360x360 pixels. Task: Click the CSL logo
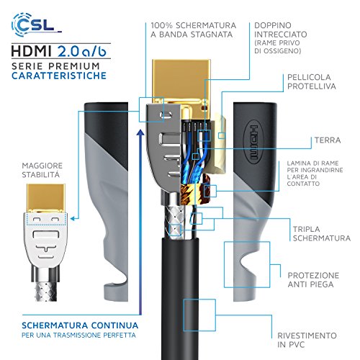click(x=36, y=24)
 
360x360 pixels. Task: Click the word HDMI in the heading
click(x=32, y=51)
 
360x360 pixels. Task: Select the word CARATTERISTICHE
click(x=59, y=76)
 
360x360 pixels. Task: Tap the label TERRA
click(x=328, y=140)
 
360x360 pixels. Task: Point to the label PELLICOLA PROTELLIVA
click(x=312, y=82)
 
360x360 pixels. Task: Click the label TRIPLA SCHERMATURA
click(x=322, y=234)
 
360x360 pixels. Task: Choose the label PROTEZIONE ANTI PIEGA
click(x=313, y=280)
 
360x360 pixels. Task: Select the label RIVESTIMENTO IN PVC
click(x=307, y=340)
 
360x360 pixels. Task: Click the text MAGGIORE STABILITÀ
click(x=42, y=170)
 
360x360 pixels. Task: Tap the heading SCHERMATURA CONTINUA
click(x=80, y=325)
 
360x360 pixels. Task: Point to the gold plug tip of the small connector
click(x=46, y=198)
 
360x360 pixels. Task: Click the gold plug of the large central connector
click(x=181, y=81)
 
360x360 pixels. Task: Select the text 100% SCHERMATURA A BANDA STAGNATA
click(x=194, y=30)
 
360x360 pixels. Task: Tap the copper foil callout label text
click(x=315, y=174)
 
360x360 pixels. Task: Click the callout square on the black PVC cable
click(x=199, y=315)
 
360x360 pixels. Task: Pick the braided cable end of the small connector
click(x=46, y=292)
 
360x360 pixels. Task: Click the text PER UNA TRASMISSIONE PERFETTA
click(x=78, y=335)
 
